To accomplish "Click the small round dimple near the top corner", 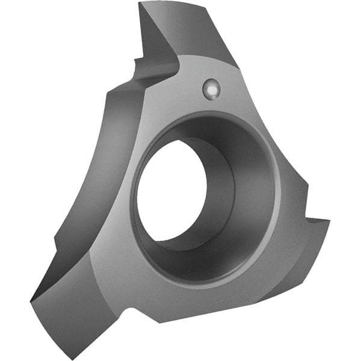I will click(211, 89).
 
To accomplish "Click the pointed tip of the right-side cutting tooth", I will click(330, 221).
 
